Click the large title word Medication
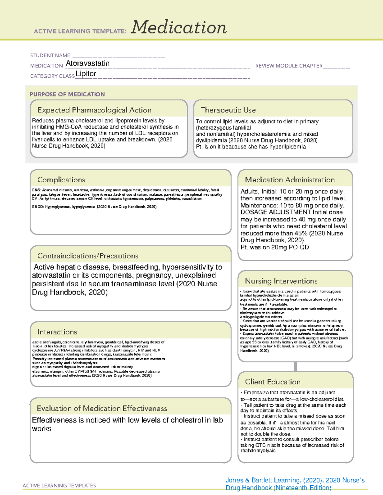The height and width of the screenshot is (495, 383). tap(179, 27)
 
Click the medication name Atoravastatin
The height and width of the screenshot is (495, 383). tap(87, 63)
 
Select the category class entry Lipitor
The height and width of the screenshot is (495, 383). tap(86, 74)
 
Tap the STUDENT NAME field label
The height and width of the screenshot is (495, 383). tap(50, 55)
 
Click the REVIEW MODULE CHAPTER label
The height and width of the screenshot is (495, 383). tap(289, 66)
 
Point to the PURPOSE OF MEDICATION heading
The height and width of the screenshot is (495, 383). tap(67, 94)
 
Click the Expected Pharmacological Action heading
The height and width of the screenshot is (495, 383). tap(94, 110)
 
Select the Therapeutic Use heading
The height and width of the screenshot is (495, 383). tap(228, 110)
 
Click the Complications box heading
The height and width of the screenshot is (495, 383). tap(61, 180)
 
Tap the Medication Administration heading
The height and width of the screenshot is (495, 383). tap(289, 180)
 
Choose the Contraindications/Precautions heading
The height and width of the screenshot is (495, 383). tap(87, 256)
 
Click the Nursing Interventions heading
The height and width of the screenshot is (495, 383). tap(281, 281)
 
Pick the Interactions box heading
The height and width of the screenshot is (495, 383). tap(57, 332)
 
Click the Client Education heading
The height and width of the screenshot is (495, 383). tap(273, 382)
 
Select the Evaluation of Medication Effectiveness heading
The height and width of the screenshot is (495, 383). tap(102, 408)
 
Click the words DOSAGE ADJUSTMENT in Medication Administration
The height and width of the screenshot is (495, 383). tap(275, 212)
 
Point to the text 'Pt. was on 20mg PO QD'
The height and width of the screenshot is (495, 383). tap(274, 247)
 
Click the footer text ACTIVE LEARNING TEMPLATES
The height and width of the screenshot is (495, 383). tap(59, 485)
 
